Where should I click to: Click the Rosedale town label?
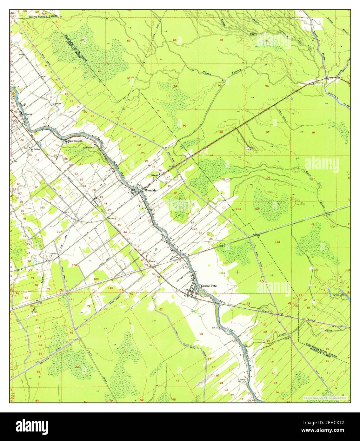pyautogui.click(x=150, y=190)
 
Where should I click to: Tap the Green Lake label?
pyautogui.click(x=339, y=295)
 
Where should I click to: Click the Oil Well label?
pyautogui.click(x=54, y=253)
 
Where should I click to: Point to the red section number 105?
pyautogui.click(x=226, y=263)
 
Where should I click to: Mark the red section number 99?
pyautogui.click(x=184, y=126)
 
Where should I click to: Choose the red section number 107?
pyautogui.click(x=59, y=232)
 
